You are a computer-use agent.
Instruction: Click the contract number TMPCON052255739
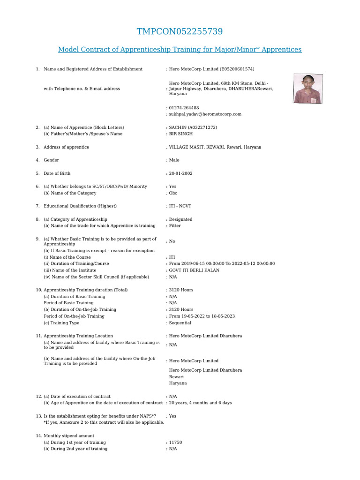pos(180,32)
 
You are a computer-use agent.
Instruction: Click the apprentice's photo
pos(307,89)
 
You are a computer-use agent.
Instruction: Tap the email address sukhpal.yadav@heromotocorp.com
pos(205,114)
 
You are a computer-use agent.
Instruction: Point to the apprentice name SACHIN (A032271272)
pos(193,127)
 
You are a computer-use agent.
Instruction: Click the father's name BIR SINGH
pos(181,134)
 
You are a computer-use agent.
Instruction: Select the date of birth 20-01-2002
pos(180,173)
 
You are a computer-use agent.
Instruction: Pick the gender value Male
pos(174,160)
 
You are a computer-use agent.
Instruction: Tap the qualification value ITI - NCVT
pos(180,206)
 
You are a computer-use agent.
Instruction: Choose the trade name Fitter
pos(175,226)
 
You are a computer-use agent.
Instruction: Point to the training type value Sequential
pos(180,323)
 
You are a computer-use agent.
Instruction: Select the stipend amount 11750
pos(176,442)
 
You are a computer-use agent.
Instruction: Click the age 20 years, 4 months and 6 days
pos(200,403)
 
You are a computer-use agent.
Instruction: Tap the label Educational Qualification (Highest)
pos(80,206)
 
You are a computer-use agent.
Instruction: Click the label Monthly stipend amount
pos(69,436)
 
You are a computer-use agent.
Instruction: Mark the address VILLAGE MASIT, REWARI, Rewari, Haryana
pos(215,147)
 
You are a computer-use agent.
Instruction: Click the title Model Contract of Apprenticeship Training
pos(180,50)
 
